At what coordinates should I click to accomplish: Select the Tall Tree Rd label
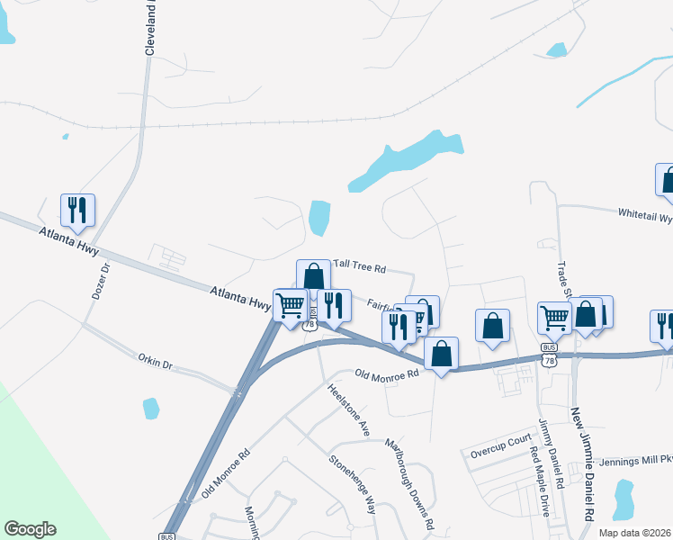point(359,268)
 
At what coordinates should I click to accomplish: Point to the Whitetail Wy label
point(644,215)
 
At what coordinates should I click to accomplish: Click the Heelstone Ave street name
point(349,410)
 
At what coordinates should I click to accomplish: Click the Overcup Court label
point(501,443)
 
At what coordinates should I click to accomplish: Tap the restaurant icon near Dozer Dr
point(78,211)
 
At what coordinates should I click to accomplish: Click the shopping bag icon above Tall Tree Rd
point(313,276)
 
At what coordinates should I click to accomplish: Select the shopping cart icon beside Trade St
point(554,317)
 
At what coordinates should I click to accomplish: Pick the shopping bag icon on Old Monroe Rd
point(441,353)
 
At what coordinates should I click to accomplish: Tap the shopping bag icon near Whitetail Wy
point(667,179)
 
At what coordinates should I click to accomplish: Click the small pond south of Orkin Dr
point(151,409)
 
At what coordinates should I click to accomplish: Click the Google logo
point(30,529)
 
